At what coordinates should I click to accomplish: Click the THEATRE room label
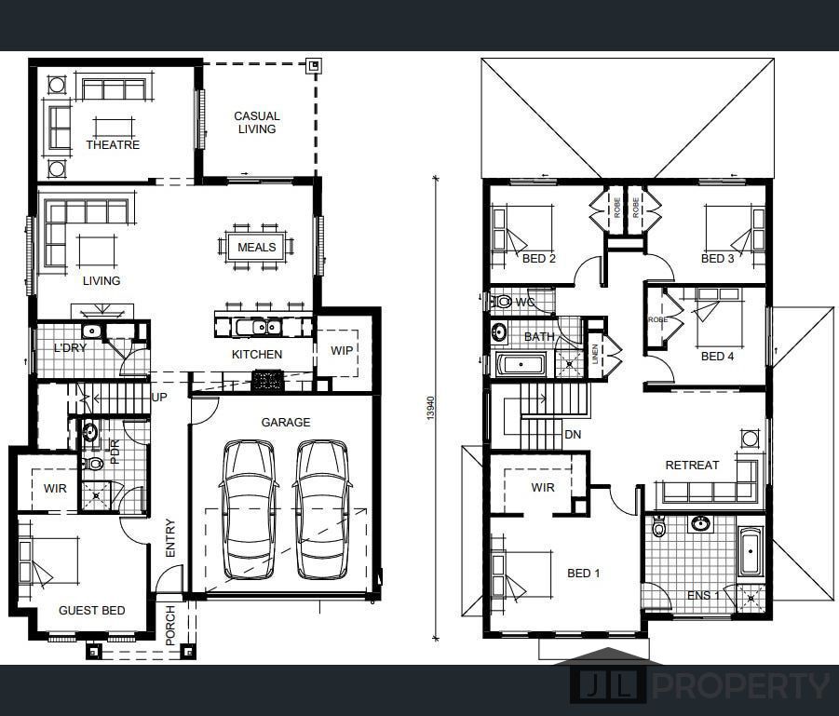(113, 144)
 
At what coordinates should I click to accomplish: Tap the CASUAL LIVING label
(257, 123)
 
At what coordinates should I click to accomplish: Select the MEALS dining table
(256, 247)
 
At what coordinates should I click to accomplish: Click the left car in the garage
(249, 510)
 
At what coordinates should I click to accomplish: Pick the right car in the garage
(322, 510)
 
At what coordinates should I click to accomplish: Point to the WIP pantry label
(342, 350)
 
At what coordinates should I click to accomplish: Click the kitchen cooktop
(267, 380)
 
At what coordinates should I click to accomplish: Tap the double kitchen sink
(260, 327)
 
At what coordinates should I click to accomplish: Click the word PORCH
(170, 625)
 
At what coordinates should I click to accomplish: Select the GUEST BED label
(92, 611)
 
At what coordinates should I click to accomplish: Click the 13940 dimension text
(431, 408)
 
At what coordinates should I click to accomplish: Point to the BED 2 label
(539, 259)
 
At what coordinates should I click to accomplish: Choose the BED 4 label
(718, 357)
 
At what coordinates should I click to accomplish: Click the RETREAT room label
(692, 466)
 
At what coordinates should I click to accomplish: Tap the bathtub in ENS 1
(751, 551)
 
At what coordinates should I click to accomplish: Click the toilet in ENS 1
(658, 527)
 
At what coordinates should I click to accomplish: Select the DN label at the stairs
(573, 435)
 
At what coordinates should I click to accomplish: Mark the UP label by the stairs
(159, 397)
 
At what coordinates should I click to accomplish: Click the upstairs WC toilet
(502, 302)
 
